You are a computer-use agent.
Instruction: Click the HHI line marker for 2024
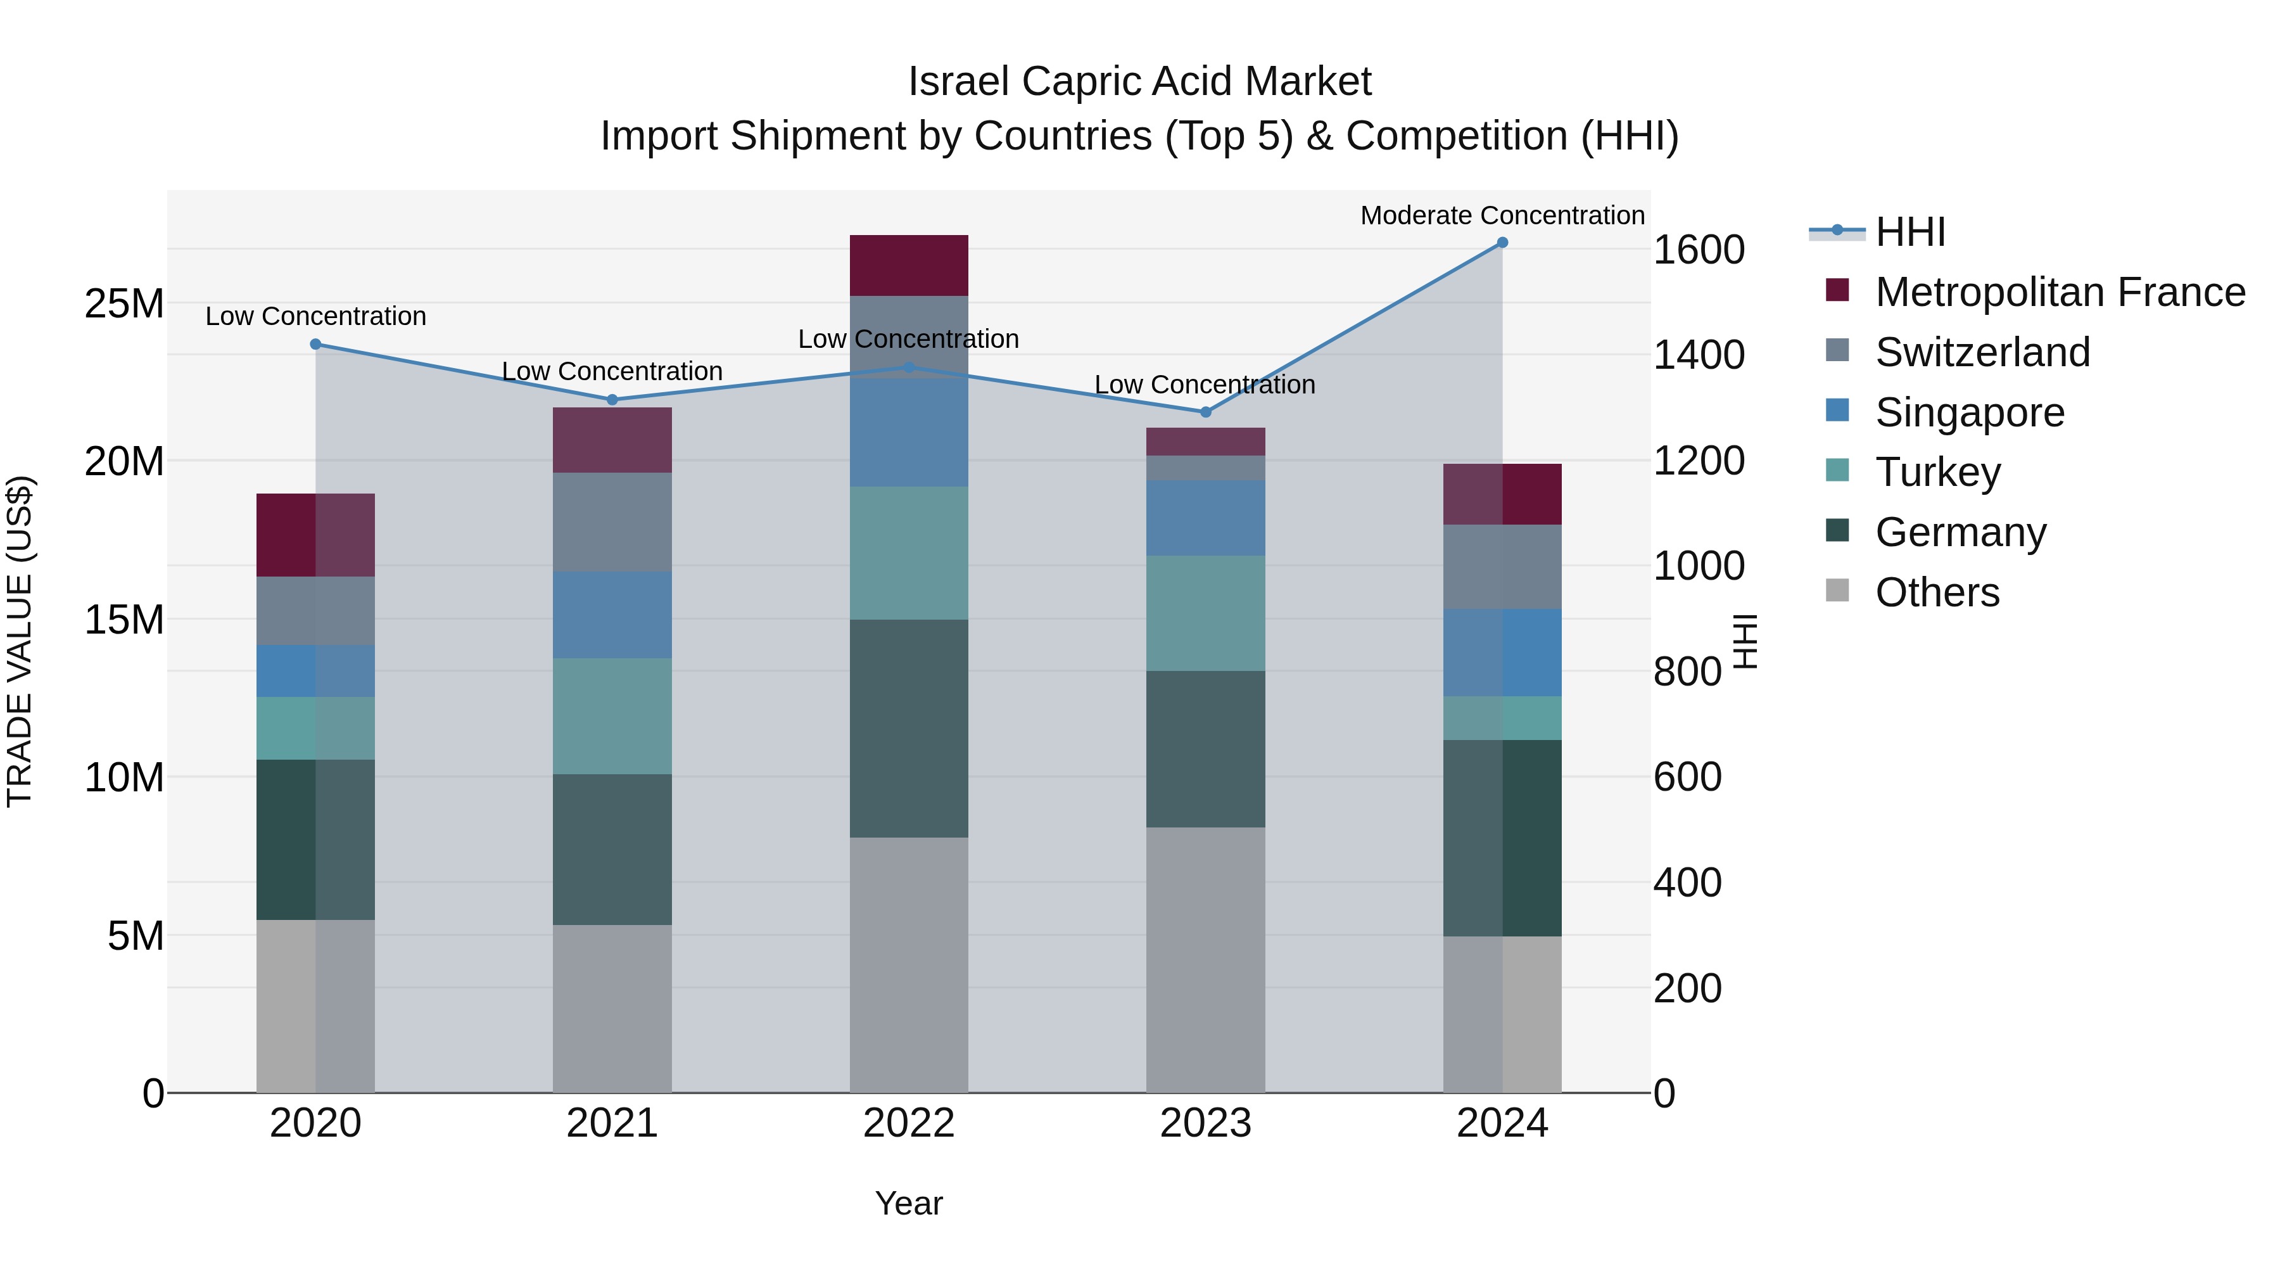(1502, 243)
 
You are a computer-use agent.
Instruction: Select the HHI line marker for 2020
(316, 345)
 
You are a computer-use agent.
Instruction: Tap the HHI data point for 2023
(1205, 412)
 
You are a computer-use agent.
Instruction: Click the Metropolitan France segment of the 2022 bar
(909, 265)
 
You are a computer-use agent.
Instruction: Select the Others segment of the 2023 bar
(1205, 960)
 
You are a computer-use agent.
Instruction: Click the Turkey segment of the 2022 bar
(909, 552)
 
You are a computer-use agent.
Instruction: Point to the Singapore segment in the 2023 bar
(1205, 518)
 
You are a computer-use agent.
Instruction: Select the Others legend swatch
(1837, 590)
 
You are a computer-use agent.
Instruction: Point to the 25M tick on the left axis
(124, 303)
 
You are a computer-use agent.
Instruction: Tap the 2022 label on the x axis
(909, 1123)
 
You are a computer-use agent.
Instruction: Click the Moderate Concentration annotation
(1502, 215)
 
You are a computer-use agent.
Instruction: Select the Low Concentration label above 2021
(612, 371)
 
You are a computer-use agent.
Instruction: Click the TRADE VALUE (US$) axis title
(20, 641)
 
